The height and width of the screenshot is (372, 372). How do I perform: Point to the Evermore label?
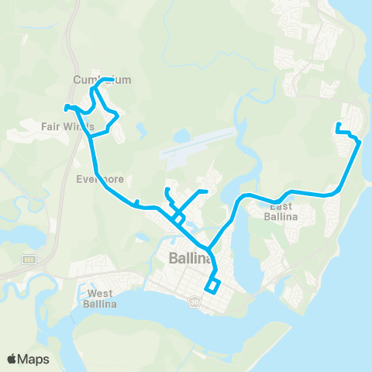tap(100, 179)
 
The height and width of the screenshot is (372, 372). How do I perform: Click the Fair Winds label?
tap(68, 125)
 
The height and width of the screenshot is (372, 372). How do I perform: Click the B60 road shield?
tap(29, 259)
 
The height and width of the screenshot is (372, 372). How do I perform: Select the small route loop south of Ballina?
tap(212, 286)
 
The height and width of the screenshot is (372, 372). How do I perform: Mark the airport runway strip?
tap(197, 143)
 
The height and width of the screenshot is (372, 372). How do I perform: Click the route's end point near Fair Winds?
tap(66, 107)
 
